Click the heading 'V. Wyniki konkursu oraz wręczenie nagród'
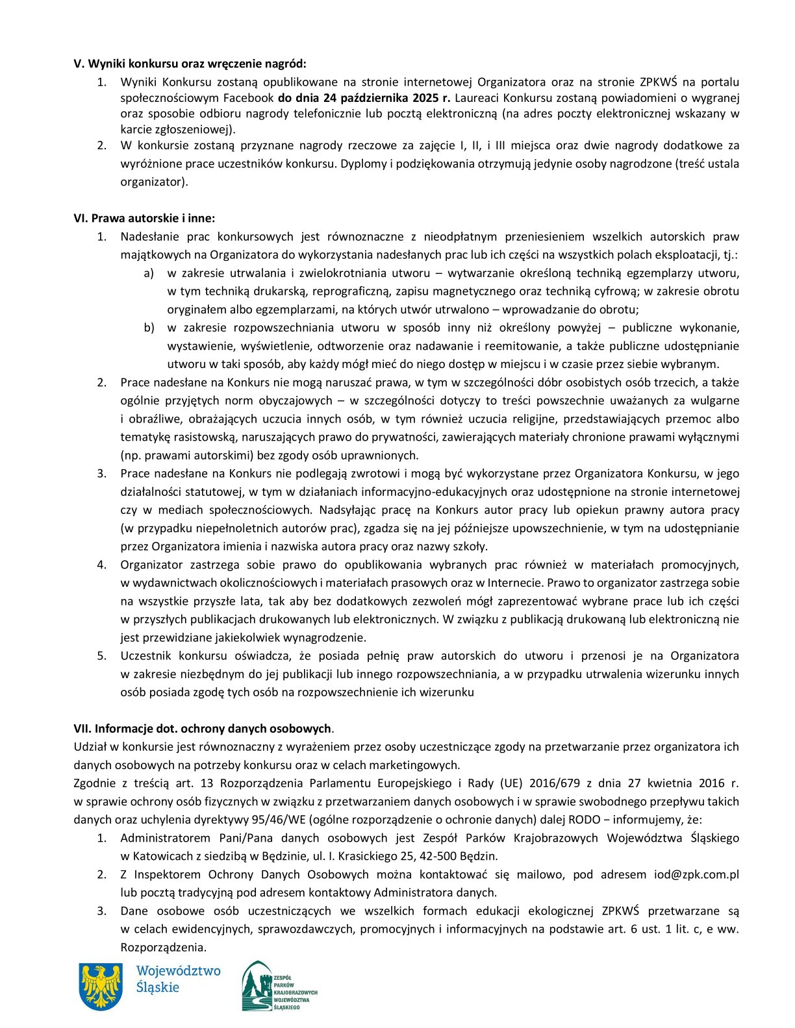click(x=190, y=64)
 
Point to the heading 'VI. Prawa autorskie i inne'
click(x=144, y=218)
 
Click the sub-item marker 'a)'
click(x=149, y=273)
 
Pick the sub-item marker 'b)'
click(x=149, y=328)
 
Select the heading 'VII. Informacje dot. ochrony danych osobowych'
click(x=203, y=728)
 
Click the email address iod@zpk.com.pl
click(x=696, y=874)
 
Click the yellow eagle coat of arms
click(x=101, y=986)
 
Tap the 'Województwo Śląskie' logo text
click(x=178, y=979)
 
